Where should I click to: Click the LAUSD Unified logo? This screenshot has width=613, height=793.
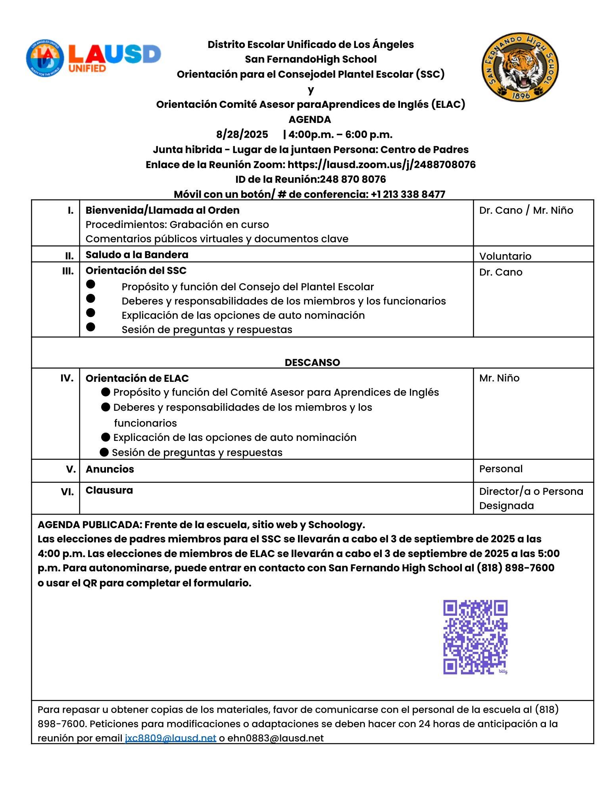(94, 59)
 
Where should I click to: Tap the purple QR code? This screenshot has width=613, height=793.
(475, 636)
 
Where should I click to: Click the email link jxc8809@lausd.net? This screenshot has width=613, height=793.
(170, 738)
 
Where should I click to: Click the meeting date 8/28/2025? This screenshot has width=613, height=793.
(242, 134)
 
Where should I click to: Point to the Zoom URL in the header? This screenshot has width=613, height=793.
(381, 165)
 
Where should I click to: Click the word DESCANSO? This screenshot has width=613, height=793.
(312, 362)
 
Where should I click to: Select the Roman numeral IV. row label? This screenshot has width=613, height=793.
(67, 378)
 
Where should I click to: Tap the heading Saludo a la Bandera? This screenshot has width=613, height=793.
(137, 255)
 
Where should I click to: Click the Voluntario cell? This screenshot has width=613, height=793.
(505, 256)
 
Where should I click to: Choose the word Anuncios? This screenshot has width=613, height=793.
(110, 469)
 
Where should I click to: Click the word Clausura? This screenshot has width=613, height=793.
(109, 490)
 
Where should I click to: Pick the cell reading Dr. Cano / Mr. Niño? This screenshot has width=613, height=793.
(526, 210)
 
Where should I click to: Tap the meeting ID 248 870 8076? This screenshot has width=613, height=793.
(353, 179)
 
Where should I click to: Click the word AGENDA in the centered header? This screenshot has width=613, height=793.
(309, 119)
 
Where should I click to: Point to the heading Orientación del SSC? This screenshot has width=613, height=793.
(136, 270)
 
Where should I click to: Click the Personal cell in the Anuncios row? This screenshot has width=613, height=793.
(501, 469)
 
